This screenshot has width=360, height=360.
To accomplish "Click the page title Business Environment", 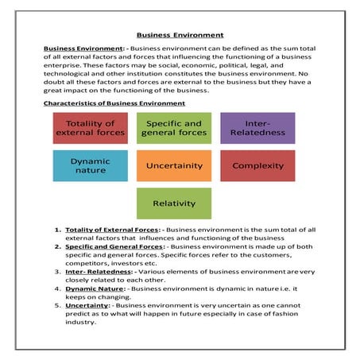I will (x=180, y=35).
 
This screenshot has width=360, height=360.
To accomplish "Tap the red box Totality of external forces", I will (x=90, y=128).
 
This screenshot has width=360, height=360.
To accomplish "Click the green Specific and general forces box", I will (x=172, y=128).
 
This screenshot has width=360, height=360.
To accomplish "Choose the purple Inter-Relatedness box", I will (x=257, y=128).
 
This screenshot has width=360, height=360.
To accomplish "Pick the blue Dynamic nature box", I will (x=90, y=165).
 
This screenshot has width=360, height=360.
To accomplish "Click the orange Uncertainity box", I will (x=173, y=165).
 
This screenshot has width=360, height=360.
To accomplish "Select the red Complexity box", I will (x=257, y=165).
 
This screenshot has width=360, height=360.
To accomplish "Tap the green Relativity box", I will (x=173, y=203).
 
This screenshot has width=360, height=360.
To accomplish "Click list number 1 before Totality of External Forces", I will (x=57, y=230).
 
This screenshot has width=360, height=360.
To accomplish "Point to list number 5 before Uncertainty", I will (x=57, y=304).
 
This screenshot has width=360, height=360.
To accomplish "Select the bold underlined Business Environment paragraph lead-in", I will (x=80, y=48).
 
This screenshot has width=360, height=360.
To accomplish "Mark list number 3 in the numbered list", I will (x=57, y=271).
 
